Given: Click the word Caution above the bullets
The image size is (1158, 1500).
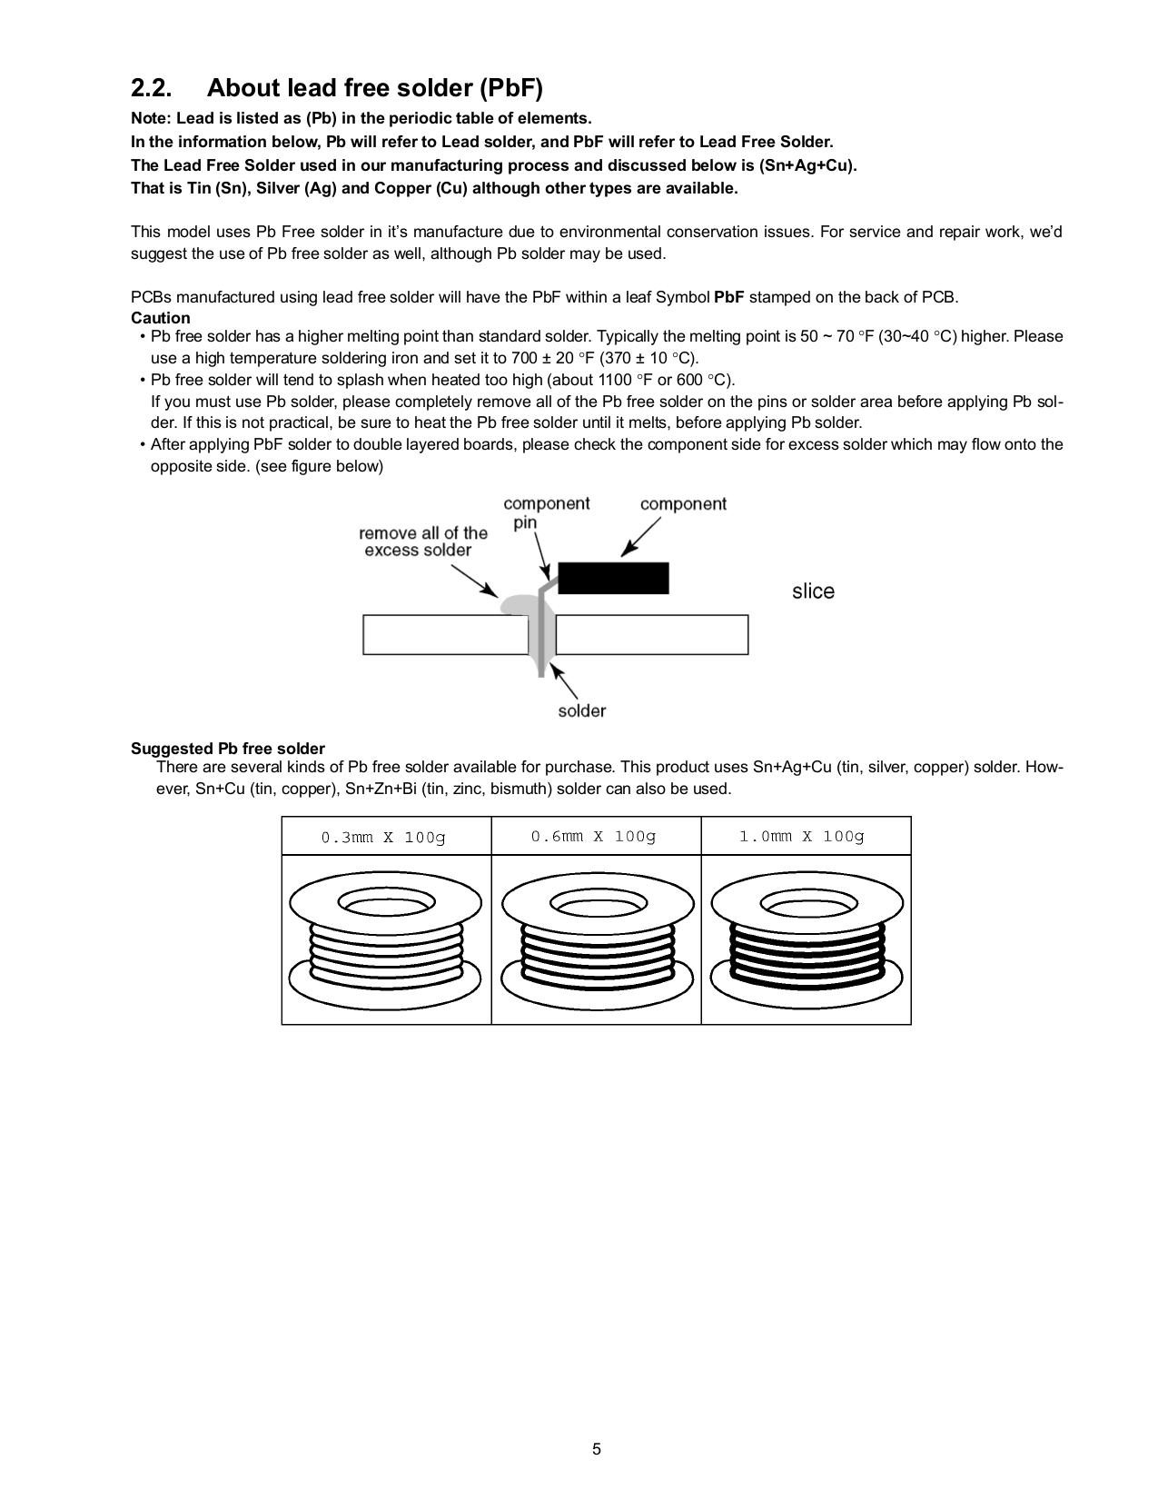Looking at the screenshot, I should click(x=161, y=318).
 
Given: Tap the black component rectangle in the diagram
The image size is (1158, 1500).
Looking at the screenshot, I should click(x=613, y=579).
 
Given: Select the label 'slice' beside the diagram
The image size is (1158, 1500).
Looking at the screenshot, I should click(x=813, y=591).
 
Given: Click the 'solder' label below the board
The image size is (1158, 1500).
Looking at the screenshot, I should click(x=581, y=711).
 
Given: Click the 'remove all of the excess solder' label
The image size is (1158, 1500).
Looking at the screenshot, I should click(x=422, y=541).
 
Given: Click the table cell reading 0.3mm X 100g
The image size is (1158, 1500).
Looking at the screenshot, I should click(x=385, y=837).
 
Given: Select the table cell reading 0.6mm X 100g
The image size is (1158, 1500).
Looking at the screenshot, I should click(x=595, y=836).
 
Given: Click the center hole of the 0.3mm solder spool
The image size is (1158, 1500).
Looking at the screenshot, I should click(x=386, y=906).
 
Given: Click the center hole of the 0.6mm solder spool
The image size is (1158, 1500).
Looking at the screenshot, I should click(x=596, y=906).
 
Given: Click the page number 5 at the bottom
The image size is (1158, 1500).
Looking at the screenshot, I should click(x=597, y=1449).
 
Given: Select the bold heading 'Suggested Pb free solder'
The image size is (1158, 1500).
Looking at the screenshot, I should click(x=228, y=749).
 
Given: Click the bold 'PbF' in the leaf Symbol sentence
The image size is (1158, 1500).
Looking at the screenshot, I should click(x=729, y=297).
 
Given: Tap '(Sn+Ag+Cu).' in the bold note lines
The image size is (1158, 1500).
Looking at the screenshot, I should click(x=807, y=165).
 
